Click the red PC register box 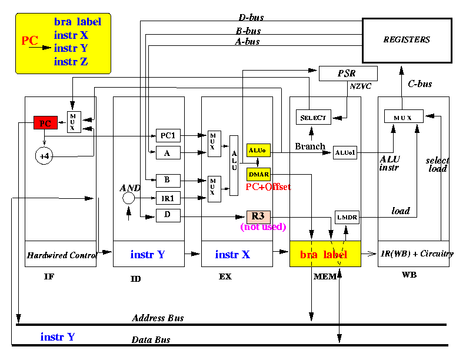click(x=45, y=123)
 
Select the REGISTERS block click(x=407, y=41)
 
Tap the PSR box click(x=348, y=74)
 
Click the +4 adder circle click(x=44, y=156)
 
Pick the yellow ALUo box click(x=258, y=151)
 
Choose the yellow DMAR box click(x=258, y=174)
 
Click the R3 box click(x=258, y=217)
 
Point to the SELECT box click(x=313, y=117)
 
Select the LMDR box click(x=347, y=218)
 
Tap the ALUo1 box click(x=345, y=153)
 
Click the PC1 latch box click(x=168, y=136)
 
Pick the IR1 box click(x=168, y=198)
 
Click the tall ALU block click(x=234, y=165)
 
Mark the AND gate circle click(x=128, y=198)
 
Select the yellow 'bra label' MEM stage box click(x=325, y=254)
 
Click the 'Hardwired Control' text click(x=62, y=255)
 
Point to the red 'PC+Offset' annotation click(x=268, y=187)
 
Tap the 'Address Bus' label click(x=158, y=318)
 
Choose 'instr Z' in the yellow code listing click(x=71, y=62)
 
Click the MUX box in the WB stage click(x=404, y=116)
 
